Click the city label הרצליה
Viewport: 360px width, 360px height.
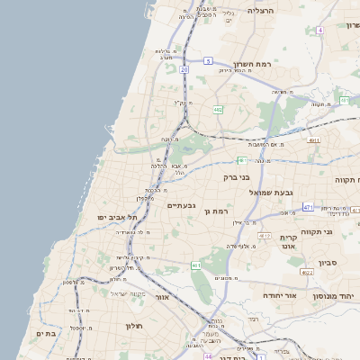click(x=260, y=11)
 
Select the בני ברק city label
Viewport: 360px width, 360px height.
click(x=237, y=177)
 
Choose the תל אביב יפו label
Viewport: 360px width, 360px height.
click(x=118, y=218)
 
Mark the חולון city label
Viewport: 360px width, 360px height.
click(x=134, y=325)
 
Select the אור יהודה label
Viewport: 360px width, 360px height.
click(x=261, y=294)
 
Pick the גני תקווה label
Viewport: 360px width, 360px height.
click(x=320, y=232)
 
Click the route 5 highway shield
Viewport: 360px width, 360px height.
click(x=208, y=61)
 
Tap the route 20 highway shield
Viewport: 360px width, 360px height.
click(x=184, y=68)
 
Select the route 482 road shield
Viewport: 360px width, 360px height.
click(x=218, y=110)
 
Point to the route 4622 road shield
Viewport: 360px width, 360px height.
click(x=306, y=272)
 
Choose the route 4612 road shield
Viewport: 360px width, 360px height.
click(x=264, y=236)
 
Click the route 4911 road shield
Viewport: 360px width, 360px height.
click(x=313, y=140)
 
